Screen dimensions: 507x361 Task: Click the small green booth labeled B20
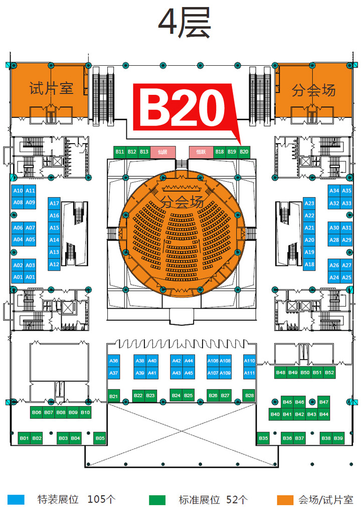(x=244, y=152)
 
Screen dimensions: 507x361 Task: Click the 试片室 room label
(x=52, y=89)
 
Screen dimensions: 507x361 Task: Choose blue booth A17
(x=55, y=203)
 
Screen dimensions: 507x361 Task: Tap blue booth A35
(x=347, y=191)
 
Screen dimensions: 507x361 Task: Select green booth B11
(x=120, y=152)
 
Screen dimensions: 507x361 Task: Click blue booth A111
(x=249, y=373)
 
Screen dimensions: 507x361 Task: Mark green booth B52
(x=329, y=372)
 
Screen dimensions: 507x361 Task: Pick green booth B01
(x=24, y=438)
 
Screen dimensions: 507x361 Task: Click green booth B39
(x=338, y=438)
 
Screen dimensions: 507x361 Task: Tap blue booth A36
(x=114, y=361)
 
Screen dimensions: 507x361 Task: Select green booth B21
(x=113, y=397)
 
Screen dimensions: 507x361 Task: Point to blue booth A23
(x=309, y=203)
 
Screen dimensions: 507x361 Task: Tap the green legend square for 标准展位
(x=157, y=499)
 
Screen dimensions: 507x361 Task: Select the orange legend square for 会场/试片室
(x=285, y=499)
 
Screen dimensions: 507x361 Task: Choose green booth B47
(x=324, y=402)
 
